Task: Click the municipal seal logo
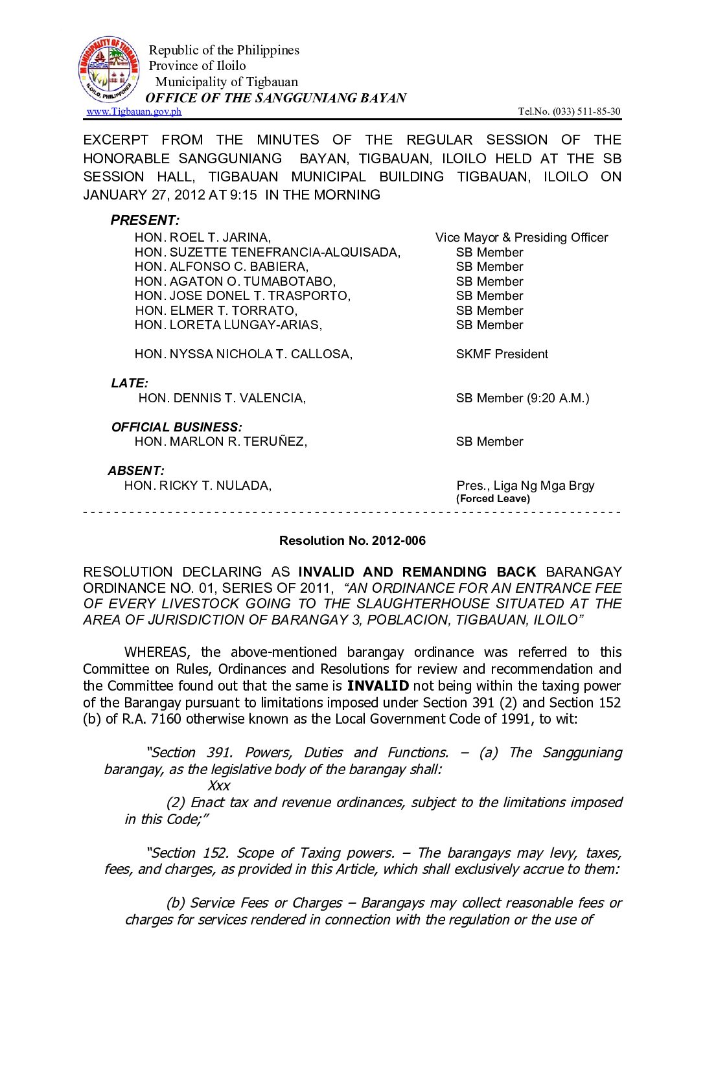tap(109, 70)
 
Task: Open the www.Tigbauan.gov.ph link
tap(134, 111)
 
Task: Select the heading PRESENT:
tap(144, 220)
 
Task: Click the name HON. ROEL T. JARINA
tap(203, 238)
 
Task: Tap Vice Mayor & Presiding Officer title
tap(522, 238)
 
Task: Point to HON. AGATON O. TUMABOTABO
tap(235, 282)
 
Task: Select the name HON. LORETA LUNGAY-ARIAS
tap(228, 325)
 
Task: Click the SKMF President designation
tap(502, 354)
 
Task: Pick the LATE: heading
tap(130, 384)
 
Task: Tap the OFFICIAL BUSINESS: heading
tap(176, 428)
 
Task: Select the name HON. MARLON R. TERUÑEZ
tap(220, 442)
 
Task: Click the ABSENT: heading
tap(136, 471)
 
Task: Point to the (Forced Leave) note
tap(493, 499)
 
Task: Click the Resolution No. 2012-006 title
tap(352, 541)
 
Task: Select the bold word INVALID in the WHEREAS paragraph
tap(378, 686)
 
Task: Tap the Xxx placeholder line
tap(219, 786)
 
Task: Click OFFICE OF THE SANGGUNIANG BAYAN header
tap(276, 98)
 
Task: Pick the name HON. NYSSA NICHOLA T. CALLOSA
tap(244, 354)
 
